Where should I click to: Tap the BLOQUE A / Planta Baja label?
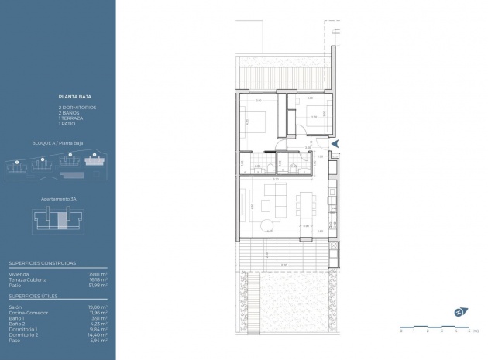tap(57, 144)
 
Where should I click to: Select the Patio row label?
tap(14, 285)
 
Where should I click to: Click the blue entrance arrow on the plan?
tap(335, 142)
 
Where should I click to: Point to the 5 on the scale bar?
tap(469, 331)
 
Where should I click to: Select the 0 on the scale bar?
tap(402, 331)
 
